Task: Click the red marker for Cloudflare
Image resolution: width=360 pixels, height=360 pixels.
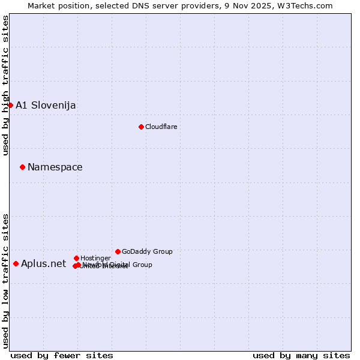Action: click(141, 127)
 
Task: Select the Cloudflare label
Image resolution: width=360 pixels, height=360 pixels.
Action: click(161, 127)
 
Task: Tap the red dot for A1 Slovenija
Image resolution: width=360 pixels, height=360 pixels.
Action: click(10, 105)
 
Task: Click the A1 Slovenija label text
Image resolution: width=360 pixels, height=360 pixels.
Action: click(46, 106)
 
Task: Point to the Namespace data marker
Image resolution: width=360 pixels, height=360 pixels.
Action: click(22, 167)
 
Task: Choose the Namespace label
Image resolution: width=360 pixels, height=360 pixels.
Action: click(55, 167)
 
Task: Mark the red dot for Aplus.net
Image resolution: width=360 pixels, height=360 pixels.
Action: click(16, 263)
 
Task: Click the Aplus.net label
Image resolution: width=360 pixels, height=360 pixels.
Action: click(43, 264)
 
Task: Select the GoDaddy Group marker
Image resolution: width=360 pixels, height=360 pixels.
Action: click(118, 251)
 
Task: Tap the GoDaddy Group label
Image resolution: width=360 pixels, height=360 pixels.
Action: click(147, 251)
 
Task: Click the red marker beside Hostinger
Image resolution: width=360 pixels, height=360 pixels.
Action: click(76, 258)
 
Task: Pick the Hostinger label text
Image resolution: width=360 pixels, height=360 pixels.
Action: click(95, 258)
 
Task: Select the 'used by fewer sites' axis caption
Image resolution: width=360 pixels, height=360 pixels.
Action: click(62, 355)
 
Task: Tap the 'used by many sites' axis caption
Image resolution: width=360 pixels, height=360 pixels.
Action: click(301, 355)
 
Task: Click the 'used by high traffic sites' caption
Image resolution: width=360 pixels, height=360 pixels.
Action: click(5, 85)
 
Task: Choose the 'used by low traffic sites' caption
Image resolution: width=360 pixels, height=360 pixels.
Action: click(5, 281)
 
